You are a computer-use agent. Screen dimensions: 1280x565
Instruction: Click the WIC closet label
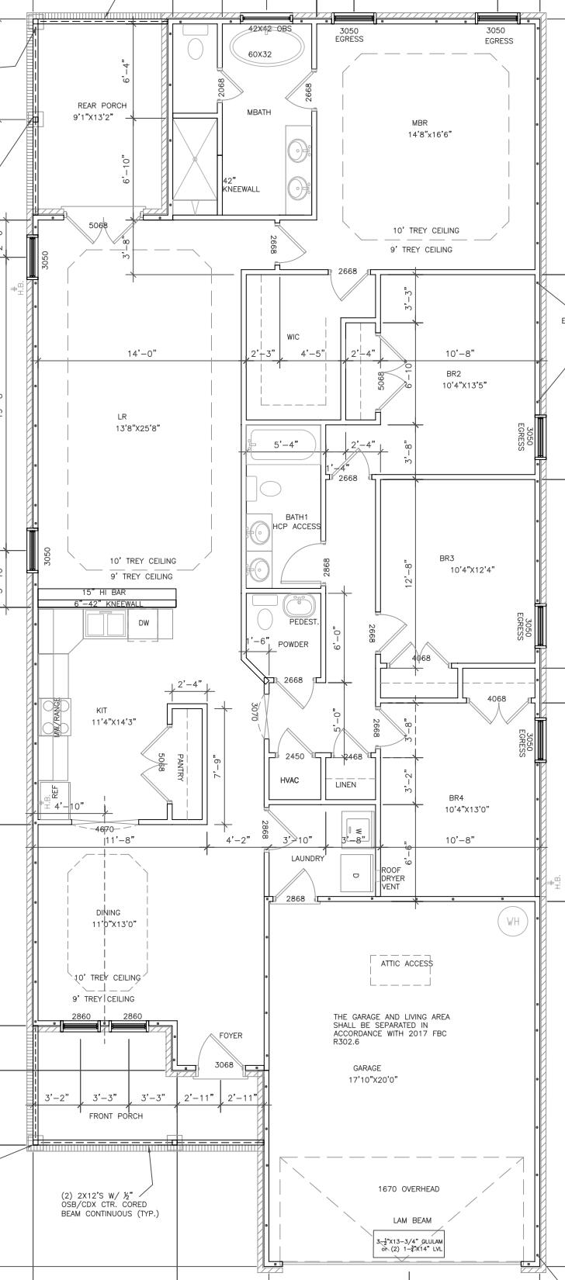[293, 337]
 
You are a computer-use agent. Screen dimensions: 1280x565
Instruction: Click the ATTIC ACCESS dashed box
[400, 963]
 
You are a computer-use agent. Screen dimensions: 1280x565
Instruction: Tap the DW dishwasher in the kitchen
[144, 623]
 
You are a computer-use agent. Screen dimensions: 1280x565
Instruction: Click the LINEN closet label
[346, 784]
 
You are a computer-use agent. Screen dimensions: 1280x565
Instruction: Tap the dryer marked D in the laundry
[357, 853]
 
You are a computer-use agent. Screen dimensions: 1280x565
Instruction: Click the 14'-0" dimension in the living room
[141, 354]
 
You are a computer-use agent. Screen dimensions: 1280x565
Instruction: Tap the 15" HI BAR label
[103, 593]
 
